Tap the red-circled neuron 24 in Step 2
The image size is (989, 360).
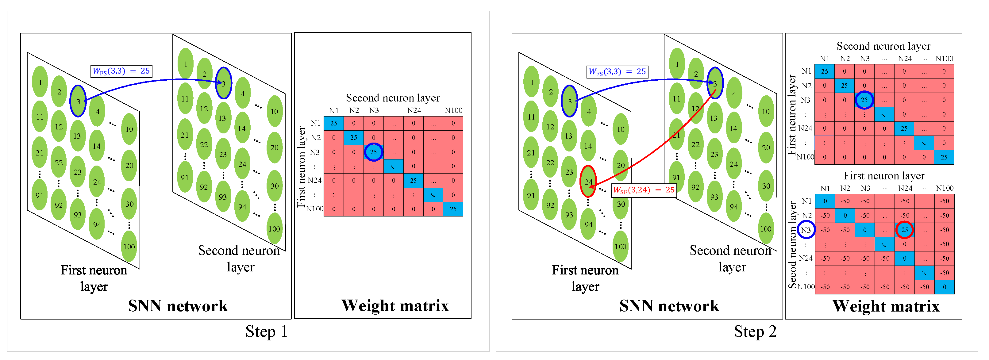[x=588, y=182]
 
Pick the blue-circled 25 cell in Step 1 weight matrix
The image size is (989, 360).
[x=373, y=152]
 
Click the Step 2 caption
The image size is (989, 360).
[x=755, y=331]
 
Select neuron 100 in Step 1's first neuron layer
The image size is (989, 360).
[x=129, y=247]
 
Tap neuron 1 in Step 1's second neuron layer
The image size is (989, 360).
[x=185, y=64]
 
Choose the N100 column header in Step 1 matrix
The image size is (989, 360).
[x=453, y=110]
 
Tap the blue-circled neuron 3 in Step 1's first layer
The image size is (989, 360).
[x=78, y=101]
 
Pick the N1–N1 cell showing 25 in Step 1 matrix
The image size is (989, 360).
[x=334, y=123]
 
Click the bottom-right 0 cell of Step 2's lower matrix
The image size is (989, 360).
[x=944, y=287]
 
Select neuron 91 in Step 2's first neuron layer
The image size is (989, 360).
[x=531, y=195]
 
